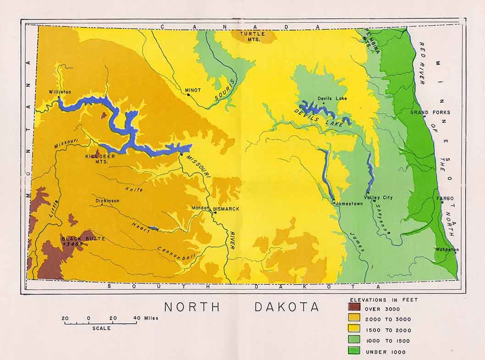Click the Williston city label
click(60, 92)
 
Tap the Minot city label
click(193, 90)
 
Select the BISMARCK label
click(226, 209)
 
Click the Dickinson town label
click(107, 201)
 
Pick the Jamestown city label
click(349, 203)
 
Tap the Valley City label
click(378, 197)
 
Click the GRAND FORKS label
click(430, 112)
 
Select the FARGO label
click(445, 199)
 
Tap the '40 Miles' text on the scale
click(145, 318)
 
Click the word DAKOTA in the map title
click(287, 307)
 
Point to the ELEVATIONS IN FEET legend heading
click(384, 299)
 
